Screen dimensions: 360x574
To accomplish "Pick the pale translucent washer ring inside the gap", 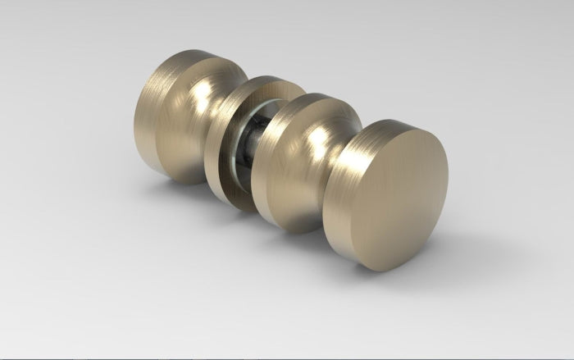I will click(239, 152).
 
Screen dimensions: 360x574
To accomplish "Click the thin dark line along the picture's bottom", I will click(287, 358).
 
